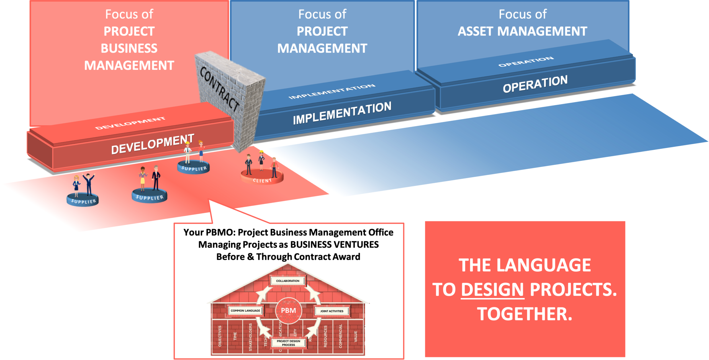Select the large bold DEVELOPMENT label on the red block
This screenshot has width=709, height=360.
click(152, 144)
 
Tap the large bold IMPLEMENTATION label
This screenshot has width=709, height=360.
click(342, 113)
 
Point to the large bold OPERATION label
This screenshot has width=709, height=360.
click(535, 84)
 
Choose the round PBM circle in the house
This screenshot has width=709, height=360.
click(288, 310)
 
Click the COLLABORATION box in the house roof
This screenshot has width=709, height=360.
click(287, 281)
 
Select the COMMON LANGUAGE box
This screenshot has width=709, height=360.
click(245, 311)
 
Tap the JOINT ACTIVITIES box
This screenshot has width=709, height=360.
click(332, 311)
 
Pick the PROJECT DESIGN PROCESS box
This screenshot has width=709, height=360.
click(288, 343)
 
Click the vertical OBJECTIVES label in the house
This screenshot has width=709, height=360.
click(220, 336)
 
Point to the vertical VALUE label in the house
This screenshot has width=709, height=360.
click(356, 336)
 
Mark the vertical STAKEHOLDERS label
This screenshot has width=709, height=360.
click(250, 337)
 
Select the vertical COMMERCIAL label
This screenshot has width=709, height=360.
click(340, 336)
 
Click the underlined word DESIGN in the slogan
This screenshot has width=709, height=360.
click(492, 290)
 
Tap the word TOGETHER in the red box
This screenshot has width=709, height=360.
click(524, 314)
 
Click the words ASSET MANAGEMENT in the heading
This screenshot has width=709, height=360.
click(522, 31)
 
